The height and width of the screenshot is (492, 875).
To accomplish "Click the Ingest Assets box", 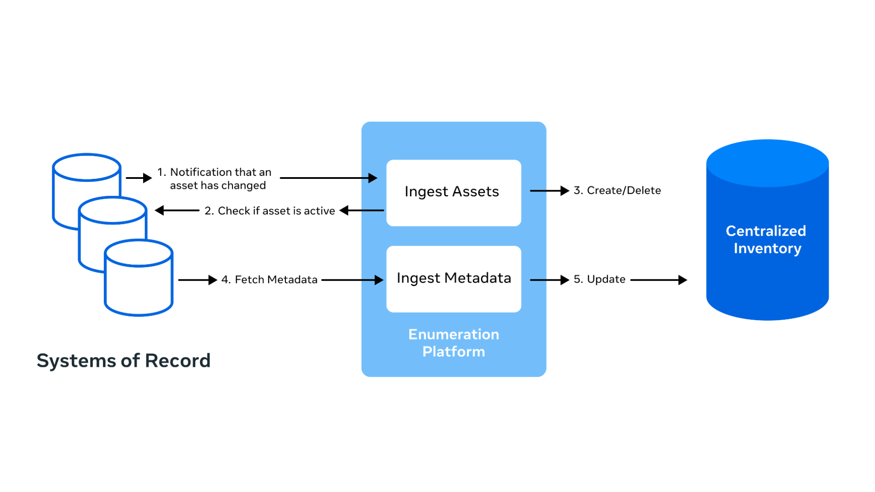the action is [453, 193].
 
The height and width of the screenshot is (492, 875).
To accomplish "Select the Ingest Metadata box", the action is [453, 279].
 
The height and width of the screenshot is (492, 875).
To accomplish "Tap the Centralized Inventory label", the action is [766, 240].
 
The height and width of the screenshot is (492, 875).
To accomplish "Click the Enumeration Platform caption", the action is [453, 343].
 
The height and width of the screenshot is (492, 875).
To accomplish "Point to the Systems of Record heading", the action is [123, 361].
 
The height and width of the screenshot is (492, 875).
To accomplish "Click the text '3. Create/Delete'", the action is [617, 191].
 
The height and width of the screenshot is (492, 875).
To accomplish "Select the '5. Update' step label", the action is [599, 279].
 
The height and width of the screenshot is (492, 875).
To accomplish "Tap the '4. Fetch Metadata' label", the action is [269, 280].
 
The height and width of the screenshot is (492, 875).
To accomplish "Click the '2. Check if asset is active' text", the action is [270, 211].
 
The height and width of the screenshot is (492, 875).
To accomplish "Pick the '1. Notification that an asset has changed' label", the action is [214, 179].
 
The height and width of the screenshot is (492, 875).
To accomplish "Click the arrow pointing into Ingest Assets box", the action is [328, 178].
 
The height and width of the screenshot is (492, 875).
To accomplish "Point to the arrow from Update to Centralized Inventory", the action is [659, 280].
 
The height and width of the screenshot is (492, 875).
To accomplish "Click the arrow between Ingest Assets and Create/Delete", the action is [549, 191].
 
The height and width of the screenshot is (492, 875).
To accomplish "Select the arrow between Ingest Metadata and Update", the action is [549, 280].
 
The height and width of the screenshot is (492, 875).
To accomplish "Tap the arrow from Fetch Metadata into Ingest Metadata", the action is [352, 280].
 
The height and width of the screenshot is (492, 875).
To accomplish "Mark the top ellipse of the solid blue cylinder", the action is [767, 163].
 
